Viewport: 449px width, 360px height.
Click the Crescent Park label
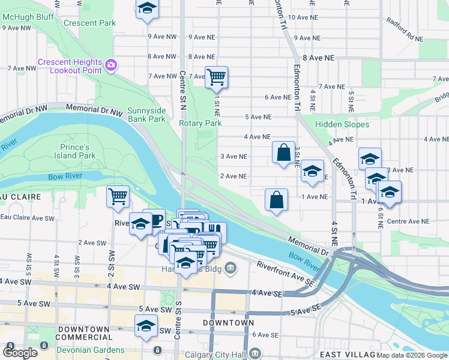[x=94, y=23]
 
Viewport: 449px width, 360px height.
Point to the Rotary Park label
[x=200, y=123]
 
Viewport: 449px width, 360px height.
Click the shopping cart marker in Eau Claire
[x=118, y=196]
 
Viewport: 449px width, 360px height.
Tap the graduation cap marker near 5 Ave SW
[x=146, y=326]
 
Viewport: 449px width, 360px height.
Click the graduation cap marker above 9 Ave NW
[x=146, y=10]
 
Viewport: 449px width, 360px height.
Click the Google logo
[x=20, y=353]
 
